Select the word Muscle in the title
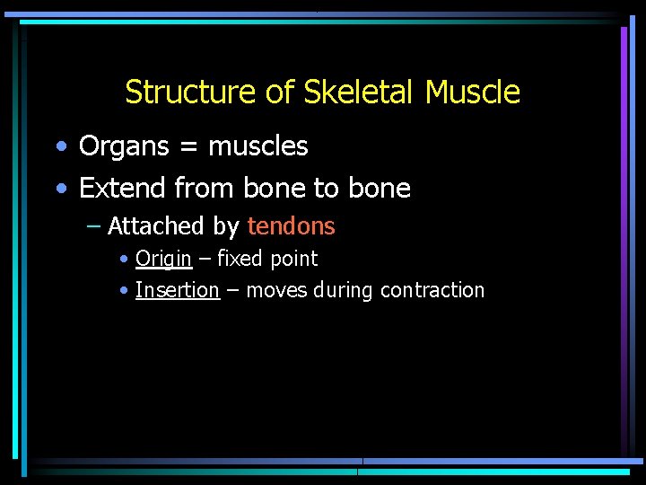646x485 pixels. pos(473,92)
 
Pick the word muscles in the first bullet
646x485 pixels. pos(258,146)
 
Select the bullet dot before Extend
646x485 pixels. pos(60,189)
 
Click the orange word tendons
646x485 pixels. pos(291,226)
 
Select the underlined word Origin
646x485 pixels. pos(163,260)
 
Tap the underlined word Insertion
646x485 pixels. pos(177,290)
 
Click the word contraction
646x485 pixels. pos(432,290)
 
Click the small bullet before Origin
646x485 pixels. pos(123,260)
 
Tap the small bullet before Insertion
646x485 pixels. pos(123,291)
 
